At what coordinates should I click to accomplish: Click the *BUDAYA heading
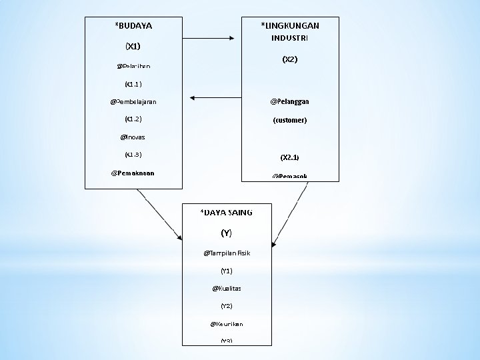133,26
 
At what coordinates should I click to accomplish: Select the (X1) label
133,47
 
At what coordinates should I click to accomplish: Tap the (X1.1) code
133,85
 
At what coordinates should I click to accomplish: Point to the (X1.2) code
133,119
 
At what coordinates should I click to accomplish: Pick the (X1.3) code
133,155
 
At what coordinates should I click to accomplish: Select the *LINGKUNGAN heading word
289,26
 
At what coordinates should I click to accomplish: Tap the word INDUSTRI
289,38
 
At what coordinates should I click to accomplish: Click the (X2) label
289,60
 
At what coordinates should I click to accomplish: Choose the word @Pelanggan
289,102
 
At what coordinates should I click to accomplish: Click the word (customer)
289,121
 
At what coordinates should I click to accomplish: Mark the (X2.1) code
289,158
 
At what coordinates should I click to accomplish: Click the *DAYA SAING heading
227,213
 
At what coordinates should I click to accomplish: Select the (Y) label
226,233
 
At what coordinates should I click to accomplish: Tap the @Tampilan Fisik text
226,253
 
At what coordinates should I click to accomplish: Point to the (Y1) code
226,271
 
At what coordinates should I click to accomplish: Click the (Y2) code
226,306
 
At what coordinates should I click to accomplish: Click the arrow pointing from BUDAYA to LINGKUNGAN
211,37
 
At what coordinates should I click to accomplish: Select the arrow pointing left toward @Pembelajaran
213,97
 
